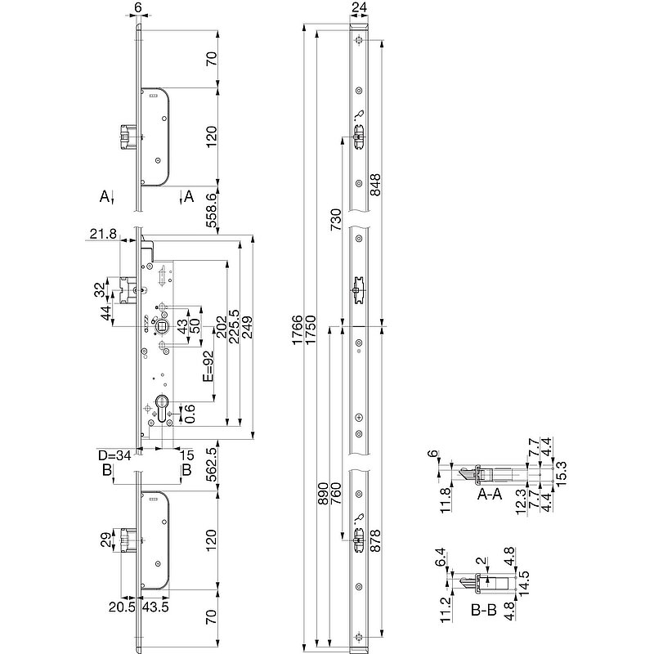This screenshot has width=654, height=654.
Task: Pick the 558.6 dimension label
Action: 212,208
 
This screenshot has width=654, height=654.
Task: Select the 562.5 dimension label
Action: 212,464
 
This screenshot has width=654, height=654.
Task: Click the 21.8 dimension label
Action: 101,235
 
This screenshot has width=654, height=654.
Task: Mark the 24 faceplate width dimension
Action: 359,11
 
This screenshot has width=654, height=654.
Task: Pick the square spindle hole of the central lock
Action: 163,327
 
